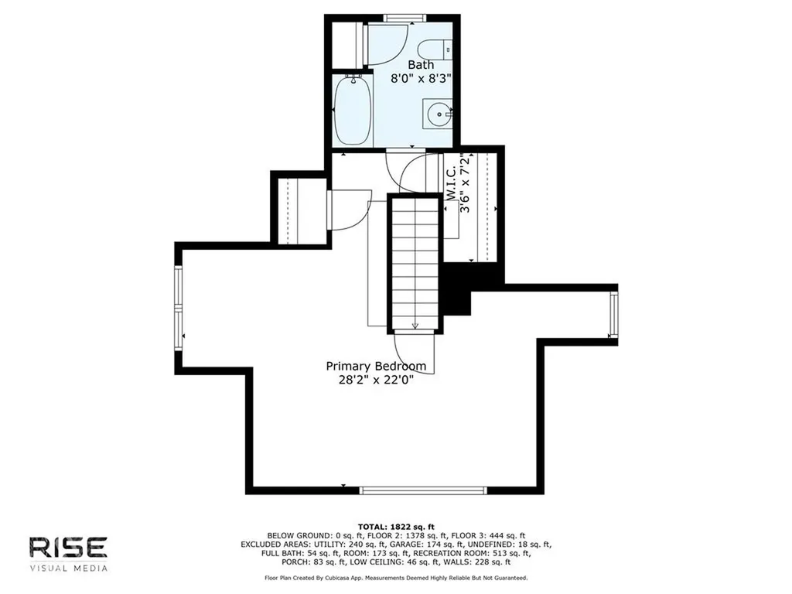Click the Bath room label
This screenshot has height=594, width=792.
[x=421, y=65]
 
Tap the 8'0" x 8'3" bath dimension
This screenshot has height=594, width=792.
[x=421, y=78]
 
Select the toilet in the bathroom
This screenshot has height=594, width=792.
[x=435, y=49]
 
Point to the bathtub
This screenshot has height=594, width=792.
[x=352, y=111]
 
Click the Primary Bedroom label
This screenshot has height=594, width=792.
[x=376, y=366]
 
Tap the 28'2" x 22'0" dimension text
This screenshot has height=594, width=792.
[x=376, y=380]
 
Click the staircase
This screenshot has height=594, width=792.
[x=415, y=264]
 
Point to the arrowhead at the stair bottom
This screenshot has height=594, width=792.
[x=415, y=326]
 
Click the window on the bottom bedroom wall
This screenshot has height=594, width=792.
[x=423, y=490]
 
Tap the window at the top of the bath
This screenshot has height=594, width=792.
[x=404, y=19]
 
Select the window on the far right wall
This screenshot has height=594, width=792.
[x=613, y=316]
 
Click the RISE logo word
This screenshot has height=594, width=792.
[x=68, y=548]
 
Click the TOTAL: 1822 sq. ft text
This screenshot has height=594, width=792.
[x=396, y=527]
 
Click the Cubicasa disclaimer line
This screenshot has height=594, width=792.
[x=396, y=578]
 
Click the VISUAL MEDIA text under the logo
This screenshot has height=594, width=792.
[x=68, y=568]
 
